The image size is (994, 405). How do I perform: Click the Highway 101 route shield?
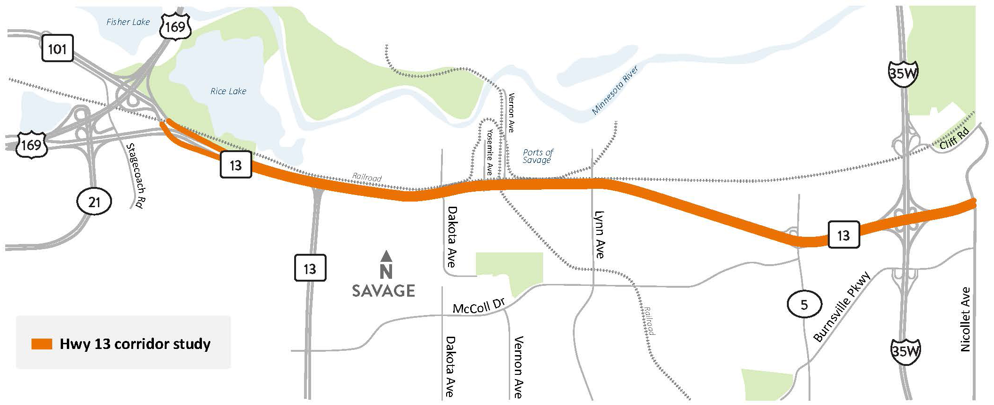(x=57, y=48)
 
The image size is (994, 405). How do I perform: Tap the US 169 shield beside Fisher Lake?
(x=175, y=26)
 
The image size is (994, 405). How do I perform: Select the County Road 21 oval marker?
(x=94, y=202)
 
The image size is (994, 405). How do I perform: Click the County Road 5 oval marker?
(x=804, y=305)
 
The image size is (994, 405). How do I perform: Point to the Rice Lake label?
(x=228, y=91)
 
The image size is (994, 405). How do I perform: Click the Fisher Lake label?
(x=128, y=22)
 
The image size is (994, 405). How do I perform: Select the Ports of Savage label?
(x=537, y=156)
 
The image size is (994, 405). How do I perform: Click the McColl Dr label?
(x=478, y=307)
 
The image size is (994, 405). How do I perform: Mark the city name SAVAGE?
(x=384, y=291)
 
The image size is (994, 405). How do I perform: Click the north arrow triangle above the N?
(x=386, y=256)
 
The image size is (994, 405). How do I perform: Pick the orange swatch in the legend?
(x=41, y=344)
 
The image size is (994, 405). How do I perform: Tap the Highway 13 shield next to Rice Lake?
(x=236, y=165)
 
